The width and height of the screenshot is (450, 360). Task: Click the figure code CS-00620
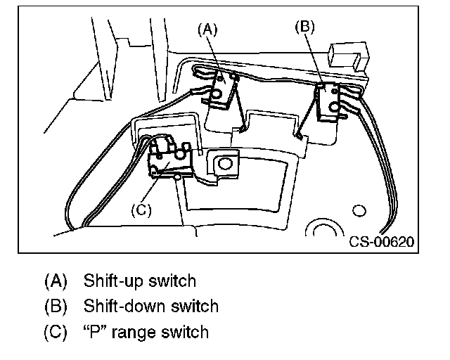381,241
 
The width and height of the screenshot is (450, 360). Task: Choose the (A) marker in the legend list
55,281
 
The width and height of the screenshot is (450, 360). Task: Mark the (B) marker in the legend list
55,307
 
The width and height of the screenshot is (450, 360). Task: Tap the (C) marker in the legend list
55,332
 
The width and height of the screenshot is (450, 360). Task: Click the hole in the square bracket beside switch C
224,163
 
